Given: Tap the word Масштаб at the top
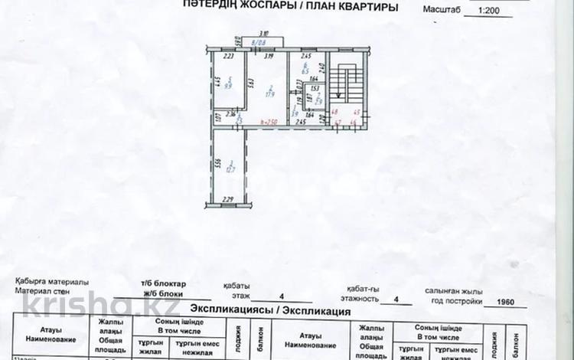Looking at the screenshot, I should [443, 11].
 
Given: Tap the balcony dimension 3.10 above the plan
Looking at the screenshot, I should [263, 34].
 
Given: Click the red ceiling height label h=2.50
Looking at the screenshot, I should [268, 122].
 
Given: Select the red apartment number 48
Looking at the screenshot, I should [334, 113].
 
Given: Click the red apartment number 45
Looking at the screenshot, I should [357, 113].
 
